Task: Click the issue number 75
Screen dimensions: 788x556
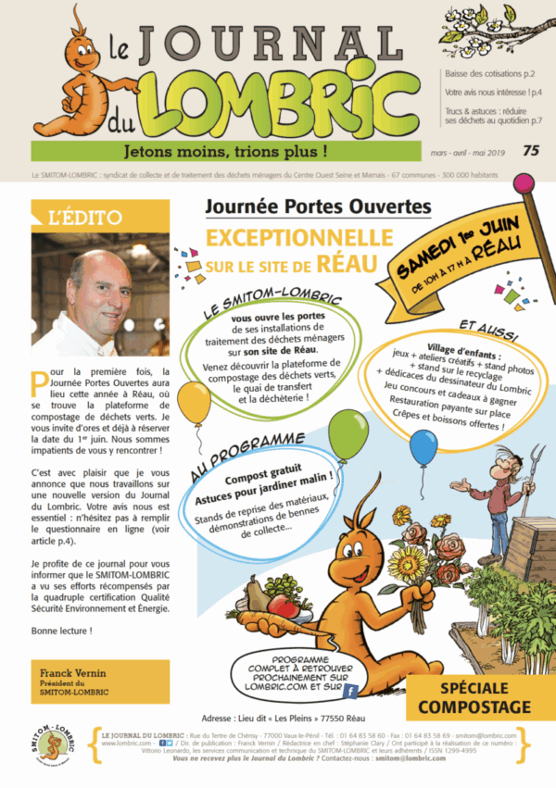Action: [x=531, y=150]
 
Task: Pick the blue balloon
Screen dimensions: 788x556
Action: [x=423, y=448]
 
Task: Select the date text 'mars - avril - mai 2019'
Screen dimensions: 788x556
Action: [x=471, y=151]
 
